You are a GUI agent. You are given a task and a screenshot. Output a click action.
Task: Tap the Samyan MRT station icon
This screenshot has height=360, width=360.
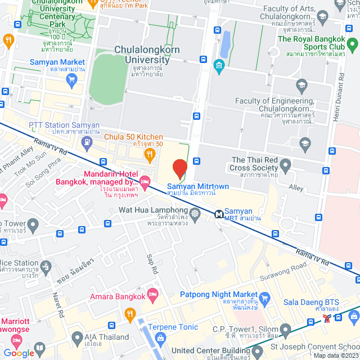218,214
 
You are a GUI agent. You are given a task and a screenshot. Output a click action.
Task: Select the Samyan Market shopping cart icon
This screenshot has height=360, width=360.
71,79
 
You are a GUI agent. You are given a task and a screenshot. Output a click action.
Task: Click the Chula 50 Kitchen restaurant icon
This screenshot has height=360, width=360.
149,154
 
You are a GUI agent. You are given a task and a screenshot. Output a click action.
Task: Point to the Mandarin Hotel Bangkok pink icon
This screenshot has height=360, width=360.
145,181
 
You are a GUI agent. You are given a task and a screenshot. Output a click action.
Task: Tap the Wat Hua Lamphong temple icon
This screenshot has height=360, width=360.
195,213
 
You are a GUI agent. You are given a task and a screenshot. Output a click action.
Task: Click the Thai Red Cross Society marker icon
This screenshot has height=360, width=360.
285,165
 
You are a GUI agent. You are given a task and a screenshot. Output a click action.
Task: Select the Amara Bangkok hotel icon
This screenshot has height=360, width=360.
152,295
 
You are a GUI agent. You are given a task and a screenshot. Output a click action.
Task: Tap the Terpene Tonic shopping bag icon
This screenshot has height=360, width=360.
161,337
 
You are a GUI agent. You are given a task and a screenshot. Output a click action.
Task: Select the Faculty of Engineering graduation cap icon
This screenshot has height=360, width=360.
302,85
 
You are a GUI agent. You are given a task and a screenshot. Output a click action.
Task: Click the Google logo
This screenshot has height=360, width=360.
19,353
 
